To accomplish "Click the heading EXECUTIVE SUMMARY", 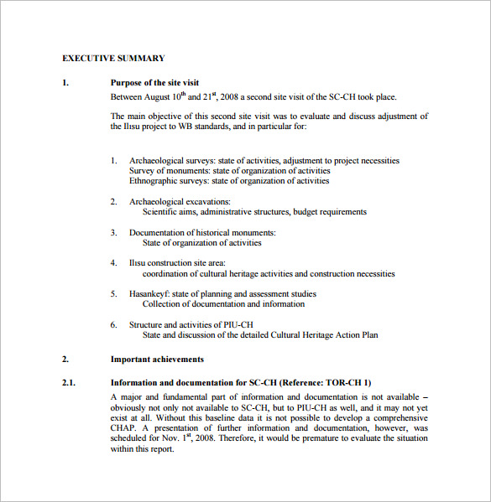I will pos(113,59).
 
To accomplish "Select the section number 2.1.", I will pos(69,383).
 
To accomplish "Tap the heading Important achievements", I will pos(157,360).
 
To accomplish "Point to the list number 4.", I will pos(114,263).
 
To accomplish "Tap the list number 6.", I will pos(114,324).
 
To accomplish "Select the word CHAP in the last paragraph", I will pos(123,427).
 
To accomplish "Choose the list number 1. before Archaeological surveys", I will pos(114,161).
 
